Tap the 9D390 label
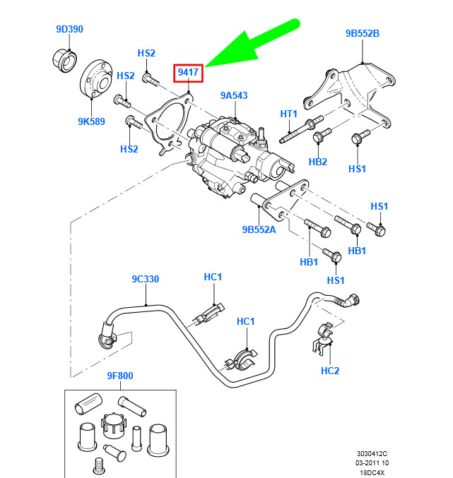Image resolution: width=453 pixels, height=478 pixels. click(x=70, y=30)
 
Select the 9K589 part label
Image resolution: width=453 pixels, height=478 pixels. click(x=91, y=121)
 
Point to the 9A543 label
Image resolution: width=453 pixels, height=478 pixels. click(x=233, y=95)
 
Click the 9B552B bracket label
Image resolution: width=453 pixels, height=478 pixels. click(x=363, y=33)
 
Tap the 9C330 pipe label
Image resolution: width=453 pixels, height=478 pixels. click(x=145, y=279)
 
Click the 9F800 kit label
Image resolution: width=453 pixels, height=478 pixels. click(x=120, y=376)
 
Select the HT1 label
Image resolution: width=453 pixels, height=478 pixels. click(x=289, y=114)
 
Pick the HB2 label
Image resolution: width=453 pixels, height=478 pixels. click(x=318, y=161)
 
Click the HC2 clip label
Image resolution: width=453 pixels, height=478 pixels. click(x=330, y=370)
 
